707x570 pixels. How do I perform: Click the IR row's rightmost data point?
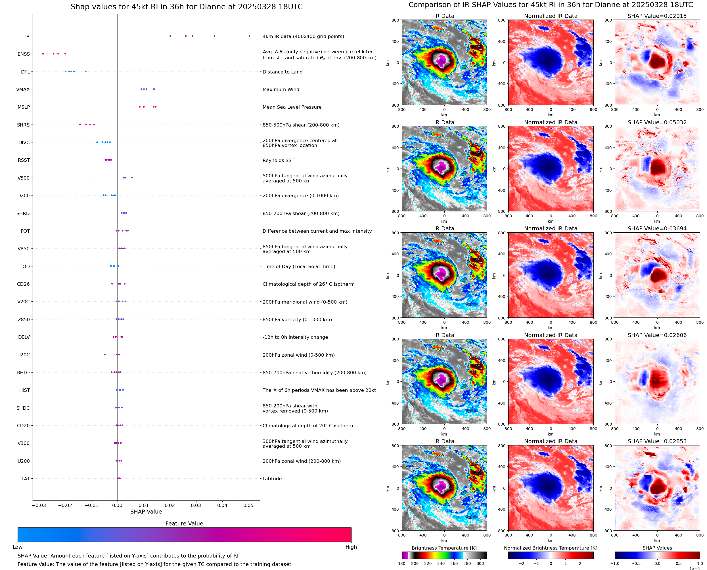(249, 36)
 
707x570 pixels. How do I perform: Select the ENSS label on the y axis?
(24, 54)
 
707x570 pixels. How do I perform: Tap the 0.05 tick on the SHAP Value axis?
(248, 505)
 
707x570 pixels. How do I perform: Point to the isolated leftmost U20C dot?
(105, 355)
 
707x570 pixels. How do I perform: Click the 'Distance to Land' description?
(282, 72)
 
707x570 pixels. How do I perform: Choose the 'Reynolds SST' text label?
(278, 161)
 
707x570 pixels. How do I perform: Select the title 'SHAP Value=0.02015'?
(657, 16)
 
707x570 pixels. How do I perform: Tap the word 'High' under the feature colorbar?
(351, 547)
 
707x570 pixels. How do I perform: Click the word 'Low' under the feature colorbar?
(18, 547)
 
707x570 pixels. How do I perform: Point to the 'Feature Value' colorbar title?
(184, 524)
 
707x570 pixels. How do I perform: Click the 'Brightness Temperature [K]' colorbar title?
(444, 548)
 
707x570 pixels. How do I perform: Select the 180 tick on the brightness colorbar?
(402, 563)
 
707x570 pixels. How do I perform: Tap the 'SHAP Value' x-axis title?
(146, 512)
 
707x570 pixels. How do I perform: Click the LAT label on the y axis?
(26, 479)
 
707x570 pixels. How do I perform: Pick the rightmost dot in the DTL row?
(86, 71)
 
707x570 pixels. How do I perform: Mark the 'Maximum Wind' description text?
(281, 90)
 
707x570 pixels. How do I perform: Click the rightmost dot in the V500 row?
(132, 178)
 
